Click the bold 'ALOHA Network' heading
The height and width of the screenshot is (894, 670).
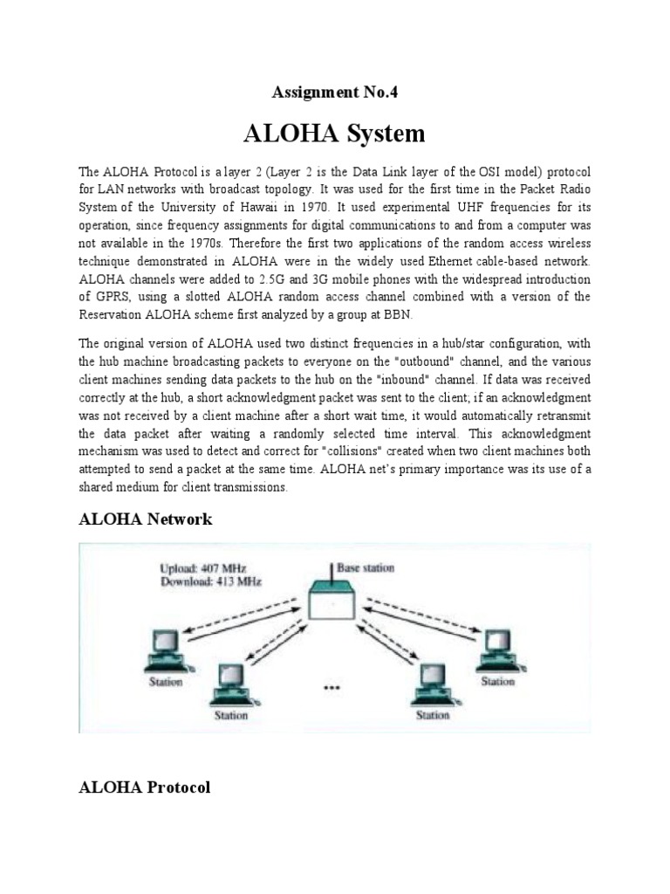coord(145,519)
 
